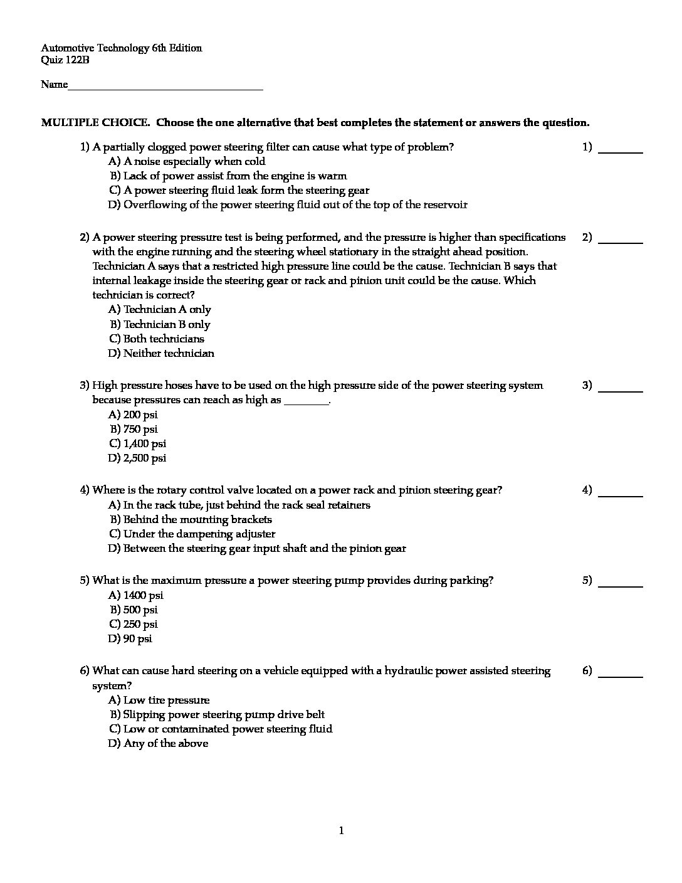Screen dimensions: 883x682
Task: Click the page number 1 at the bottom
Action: click(341, 832)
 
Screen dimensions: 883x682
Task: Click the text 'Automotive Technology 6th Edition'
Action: click(122, 48)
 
